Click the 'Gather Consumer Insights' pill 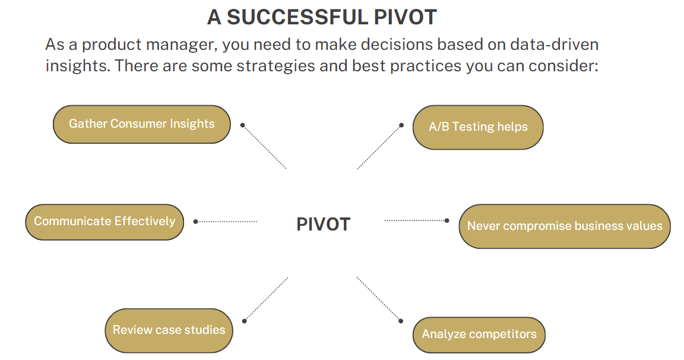(x=142, y=124)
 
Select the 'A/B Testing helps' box (x=478, y=127)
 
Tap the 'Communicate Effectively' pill (x=104, y=222)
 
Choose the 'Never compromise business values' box (x=565, y=226)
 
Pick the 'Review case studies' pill (x=169, y=330)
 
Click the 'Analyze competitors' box (x=479, y=334)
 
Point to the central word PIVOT (x=323, y=225)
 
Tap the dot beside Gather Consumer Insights (x=242, y=125)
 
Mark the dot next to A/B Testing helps (x=401, y=125)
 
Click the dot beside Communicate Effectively (x=196, y=222)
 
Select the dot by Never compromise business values (x=446, y=220)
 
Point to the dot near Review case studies (x=244, y=321)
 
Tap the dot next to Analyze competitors (x=401, y=321)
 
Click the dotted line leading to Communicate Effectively (x=226, y=222)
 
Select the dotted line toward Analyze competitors (x=379, y=299)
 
